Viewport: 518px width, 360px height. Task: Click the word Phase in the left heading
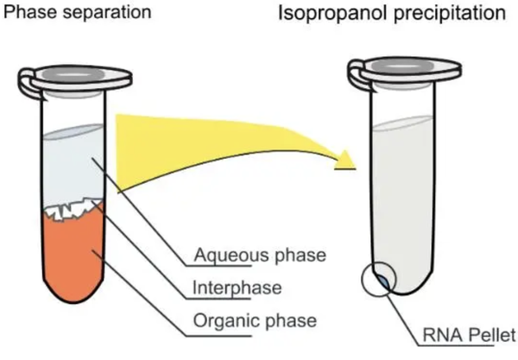pyautogui.click(x=30, y=12)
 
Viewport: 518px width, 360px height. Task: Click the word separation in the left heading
pyautogui.click(x=107, y=13)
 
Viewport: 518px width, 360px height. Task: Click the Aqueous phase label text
pyautogui.click(x=260, y=255)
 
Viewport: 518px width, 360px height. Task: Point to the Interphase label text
pyautogui.click(x=237, y=287)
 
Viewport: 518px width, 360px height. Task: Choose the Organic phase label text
pyautogui.click(x=255, y=320)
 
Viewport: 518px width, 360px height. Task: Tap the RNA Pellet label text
pyautogui.click(x=469, y=335)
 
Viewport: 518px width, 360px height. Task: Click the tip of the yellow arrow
pyautogui.click(x=355, y=168)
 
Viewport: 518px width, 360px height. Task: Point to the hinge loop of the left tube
pyautogui.click(x=29, y=83)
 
